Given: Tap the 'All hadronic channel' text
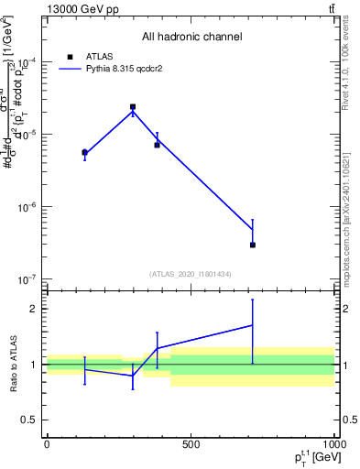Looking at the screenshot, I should point(191,38).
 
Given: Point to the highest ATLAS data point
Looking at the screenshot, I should point(133,107).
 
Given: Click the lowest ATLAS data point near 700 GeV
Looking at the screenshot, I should point(252,245).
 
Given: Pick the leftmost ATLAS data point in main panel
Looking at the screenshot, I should point(84,152).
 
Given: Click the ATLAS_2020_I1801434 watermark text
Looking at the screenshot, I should point(191,274).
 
